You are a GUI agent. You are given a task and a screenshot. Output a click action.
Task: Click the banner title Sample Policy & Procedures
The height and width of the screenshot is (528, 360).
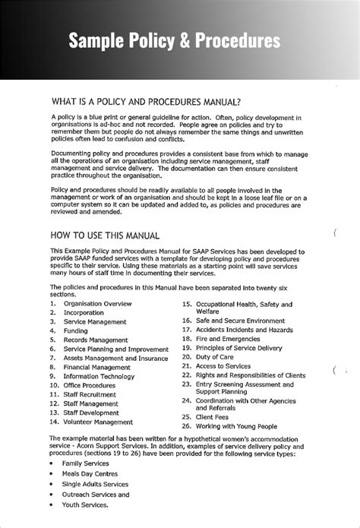click(x=175, y=41)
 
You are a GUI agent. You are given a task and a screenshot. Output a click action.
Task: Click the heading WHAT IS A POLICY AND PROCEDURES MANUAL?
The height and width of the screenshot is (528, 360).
click(x=146, y=102)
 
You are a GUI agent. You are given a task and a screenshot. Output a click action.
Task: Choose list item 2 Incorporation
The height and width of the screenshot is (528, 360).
click(x=84, y=313)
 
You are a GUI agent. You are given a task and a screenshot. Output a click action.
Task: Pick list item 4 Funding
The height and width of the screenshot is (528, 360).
click(x=75, y=331)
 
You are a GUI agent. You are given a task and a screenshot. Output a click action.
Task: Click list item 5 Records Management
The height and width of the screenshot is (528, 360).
click(x=96, y=340)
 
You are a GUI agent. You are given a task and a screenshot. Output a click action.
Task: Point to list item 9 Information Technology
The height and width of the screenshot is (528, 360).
click(x=99, y=376)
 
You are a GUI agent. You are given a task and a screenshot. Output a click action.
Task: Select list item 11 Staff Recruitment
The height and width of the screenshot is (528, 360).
click(x=90, y=395)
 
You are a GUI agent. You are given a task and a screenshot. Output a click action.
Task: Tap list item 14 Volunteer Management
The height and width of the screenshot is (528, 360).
click(x=97, y=422)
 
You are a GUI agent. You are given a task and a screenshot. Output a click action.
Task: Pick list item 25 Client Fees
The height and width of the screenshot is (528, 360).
click(x=216, y=417)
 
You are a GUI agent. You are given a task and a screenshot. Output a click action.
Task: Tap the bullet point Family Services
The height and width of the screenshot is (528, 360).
click(x=85, y=463)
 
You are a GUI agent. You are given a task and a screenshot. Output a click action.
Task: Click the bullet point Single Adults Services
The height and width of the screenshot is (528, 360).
click(x=95, y=484)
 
